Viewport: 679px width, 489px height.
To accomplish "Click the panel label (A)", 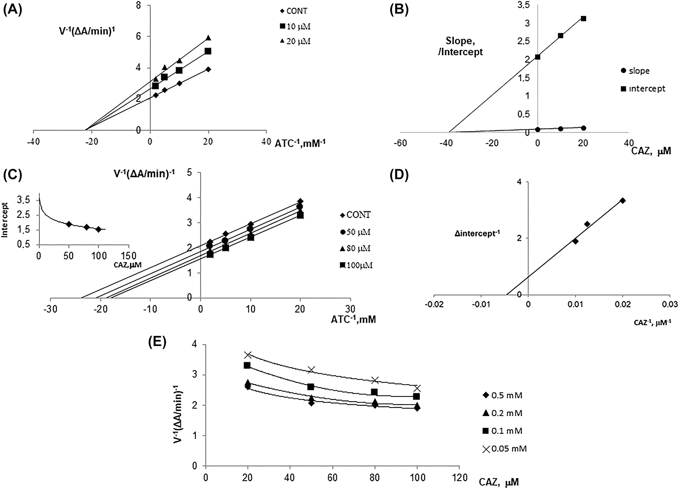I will click(x=12, y=11).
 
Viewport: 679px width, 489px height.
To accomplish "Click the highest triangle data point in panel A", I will click(x=208, y=38).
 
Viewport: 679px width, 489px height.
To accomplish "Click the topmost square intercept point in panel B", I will click(x=583, y=18).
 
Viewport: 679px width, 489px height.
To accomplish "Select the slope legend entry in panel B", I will click(x=635, y=71).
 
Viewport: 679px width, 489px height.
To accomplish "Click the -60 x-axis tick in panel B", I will click(x=400, y=143).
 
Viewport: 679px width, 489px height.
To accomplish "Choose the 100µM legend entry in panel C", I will click(x=355, y=265).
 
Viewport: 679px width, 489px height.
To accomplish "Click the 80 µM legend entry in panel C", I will click(x=355, y=248).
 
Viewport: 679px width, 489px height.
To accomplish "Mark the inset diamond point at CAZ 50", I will click(x=69, y=224).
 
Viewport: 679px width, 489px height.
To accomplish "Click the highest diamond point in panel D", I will click(x=623, y=200).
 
